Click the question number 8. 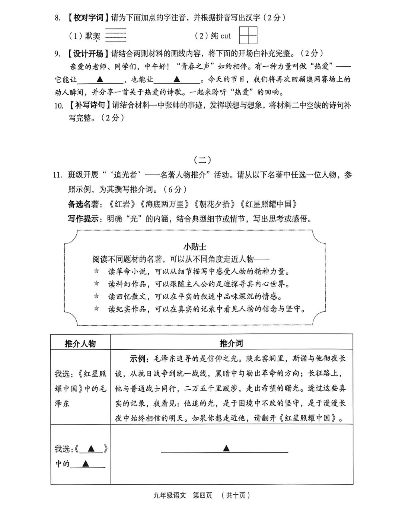[x=57, y=17]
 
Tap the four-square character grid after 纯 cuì [x=248, y=36]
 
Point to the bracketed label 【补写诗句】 [x=88, y=105]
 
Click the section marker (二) [x=202, y=160]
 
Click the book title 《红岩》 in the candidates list [x=121, y=204]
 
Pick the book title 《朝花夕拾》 [x=215, y=204]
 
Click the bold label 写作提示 [x=83, y=218]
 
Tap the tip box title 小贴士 [x=195, y=246]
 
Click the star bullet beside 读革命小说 [x=97, y=271]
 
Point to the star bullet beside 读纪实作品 [x=97, y=308]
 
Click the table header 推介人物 [x=80, y=343]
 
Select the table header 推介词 [x=231, y=343]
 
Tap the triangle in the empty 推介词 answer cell [x=226, y=448]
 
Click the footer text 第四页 [x=202, y=495]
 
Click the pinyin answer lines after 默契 [x=116, y=35]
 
